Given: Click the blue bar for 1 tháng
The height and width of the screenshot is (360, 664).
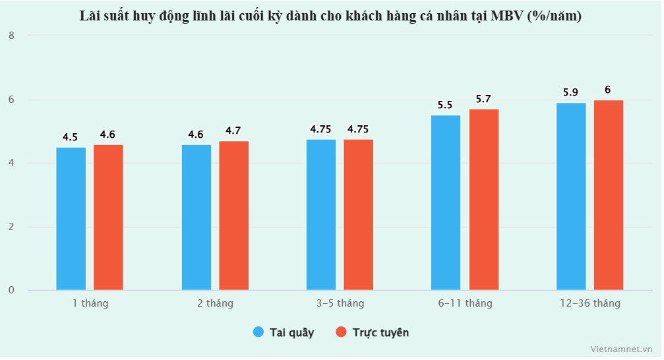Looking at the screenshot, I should [71, 218].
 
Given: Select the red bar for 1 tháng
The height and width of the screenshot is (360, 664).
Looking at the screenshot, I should [108, 217].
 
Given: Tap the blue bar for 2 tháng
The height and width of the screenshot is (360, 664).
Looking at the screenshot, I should [196, 217].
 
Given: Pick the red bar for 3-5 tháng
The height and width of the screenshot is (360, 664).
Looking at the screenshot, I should [359, 214].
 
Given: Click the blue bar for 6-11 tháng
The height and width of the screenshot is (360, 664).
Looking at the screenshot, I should [446, 202].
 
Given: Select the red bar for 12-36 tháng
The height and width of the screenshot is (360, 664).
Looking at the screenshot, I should [608, 195].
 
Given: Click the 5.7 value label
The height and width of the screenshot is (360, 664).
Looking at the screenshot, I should [483, 99].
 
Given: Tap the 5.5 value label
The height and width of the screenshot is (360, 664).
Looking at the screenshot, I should [445, 105].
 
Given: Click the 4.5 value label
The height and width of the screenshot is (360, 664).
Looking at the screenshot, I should [71, 137].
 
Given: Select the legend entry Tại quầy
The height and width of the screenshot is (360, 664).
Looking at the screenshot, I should [284, 332].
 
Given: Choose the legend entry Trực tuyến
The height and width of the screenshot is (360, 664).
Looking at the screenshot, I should [373, 332].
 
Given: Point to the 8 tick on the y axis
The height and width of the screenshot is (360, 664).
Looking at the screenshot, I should [12, 36].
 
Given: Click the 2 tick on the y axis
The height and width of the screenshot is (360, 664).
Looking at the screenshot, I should [12, 227].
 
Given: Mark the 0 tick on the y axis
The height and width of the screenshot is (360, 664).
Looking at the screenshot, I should [12, 290].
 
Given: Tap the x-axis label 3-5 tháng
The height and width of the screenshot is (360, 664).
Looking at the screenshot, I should [340, 303].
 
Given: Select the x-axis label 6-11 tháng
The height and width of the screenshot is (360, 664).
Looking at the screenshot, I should [465, 303].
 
